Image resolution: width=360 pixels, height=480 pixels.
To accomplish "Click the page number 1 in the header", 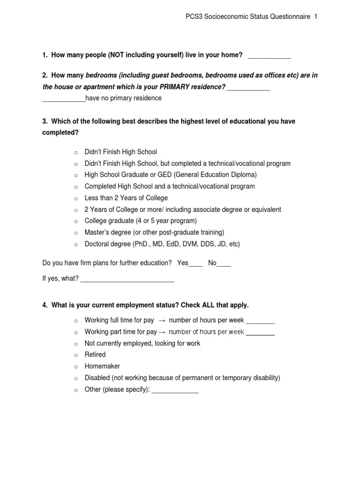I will [316, 17].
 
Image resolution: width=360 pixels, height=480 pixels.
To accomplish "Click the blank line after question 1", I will [269, 57].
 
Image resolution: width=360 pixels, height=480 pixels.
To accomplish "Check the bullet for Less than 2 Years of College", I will [75, 198].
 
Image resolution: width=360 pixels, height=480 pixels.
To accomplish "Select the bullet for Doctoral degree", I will [75, 245].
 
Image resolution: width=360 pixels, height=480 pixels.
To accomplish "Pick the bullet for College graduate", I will [75, 221].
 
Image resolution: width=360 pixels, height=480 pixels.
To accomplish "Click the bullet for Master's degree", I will [75, 233].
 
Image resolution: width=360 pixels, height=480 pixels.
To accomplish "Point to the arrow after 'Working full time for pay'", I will [161, 321].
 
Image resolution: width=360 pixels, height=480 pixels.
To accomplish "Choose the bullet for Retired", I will [75, 355].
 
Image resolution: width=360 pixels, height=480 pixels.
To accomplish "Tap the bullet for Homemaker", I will [75, 367].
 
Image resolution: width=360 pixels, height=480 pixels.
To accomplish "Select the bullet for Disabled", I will [75, 378].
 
